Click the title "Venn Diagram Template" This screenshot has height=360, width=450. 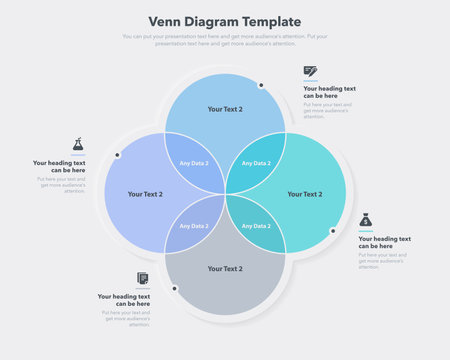coord(224,21)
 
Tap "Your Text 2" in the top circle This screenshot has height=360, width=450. coord(225,109)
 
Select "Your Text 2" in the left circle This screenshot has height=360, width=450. coord(145,194)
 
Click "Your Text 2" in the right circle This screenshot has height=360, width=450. coord(304,194)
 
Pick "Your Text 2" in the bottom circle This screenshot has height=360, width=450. coord(225,268)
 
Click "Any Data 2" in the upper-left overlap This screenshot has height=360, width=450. coord(194,163)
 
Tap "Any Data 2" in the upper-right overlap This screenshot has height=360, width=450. coord(256,163)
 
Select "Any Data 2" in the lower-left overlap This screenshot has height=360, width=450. coord(194,226)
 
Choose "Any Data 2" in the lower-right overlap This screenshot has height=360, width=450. coord(256,226)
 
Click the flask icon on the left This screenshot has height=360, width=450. coord(78,145)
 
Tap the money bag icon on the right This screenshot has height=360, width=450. coord(367,221)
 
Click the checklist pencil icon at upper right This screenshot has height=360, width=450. coord(310,71)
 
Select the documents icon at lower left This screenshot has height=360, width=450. coord(143,278)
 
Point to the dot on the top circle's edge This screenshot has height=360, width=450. coord(262,85)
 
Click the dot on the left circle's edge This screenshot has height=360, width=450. coord(117,155)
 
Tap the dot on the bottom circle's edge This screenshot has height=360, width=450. coord(175,288)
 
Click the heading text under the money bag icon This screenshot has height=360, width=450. coord(384,242)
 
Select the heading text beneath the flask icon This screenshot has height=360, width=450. coord(59,166)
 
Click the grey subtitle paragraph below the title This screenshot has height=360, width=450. coord(224,40)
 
